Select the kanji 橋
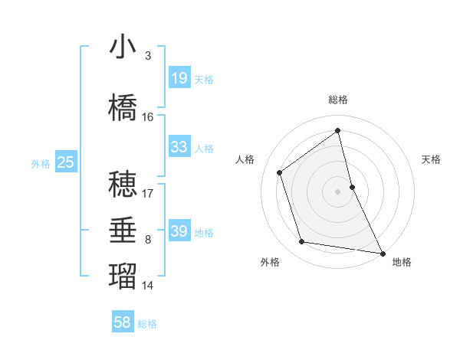(122, 108)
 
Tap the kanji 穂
(122, 185)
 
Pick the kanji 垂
(122, 231)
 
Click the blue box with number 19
(179, 78)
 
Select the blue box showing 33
(179, 147)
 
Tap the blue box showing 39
(179, 231)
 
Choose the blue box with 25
(65, 162)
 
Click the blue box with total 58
(123, 322)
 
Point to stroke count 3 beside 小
(147, 56)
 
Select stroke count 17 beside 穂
(148, 194)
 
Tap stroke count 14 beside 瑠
(148, 286)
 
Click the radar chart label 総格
(338, 100)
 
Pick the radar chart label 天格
(432, 159)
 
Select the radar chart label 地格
(402, 262)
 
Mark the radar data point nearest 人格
(280, 172)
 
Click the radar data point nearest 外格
(302, 242)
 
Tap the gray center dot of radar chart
(338, 191)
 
